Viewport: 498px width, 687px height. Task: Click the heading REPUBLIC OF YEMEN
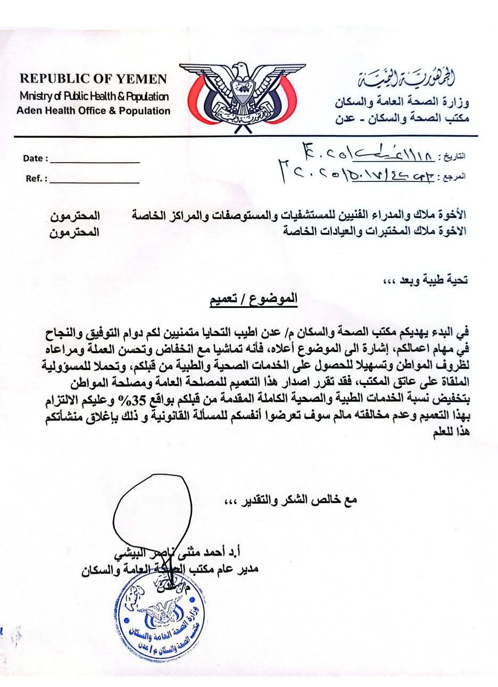(x=93, y=80)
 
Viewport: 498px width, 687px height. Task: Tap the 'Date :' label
(x=36, y=158)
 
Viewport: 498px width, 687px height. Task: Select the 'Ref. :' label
(x=37, y=179)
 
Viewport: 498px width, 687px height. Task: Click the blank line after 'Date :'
(x=95, y=161)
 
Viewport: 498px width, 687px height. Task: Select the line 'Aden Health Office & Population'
(x=93, y=111)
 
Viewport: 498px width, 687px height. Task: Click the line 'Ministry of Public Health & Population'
(x=94, y=97)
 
